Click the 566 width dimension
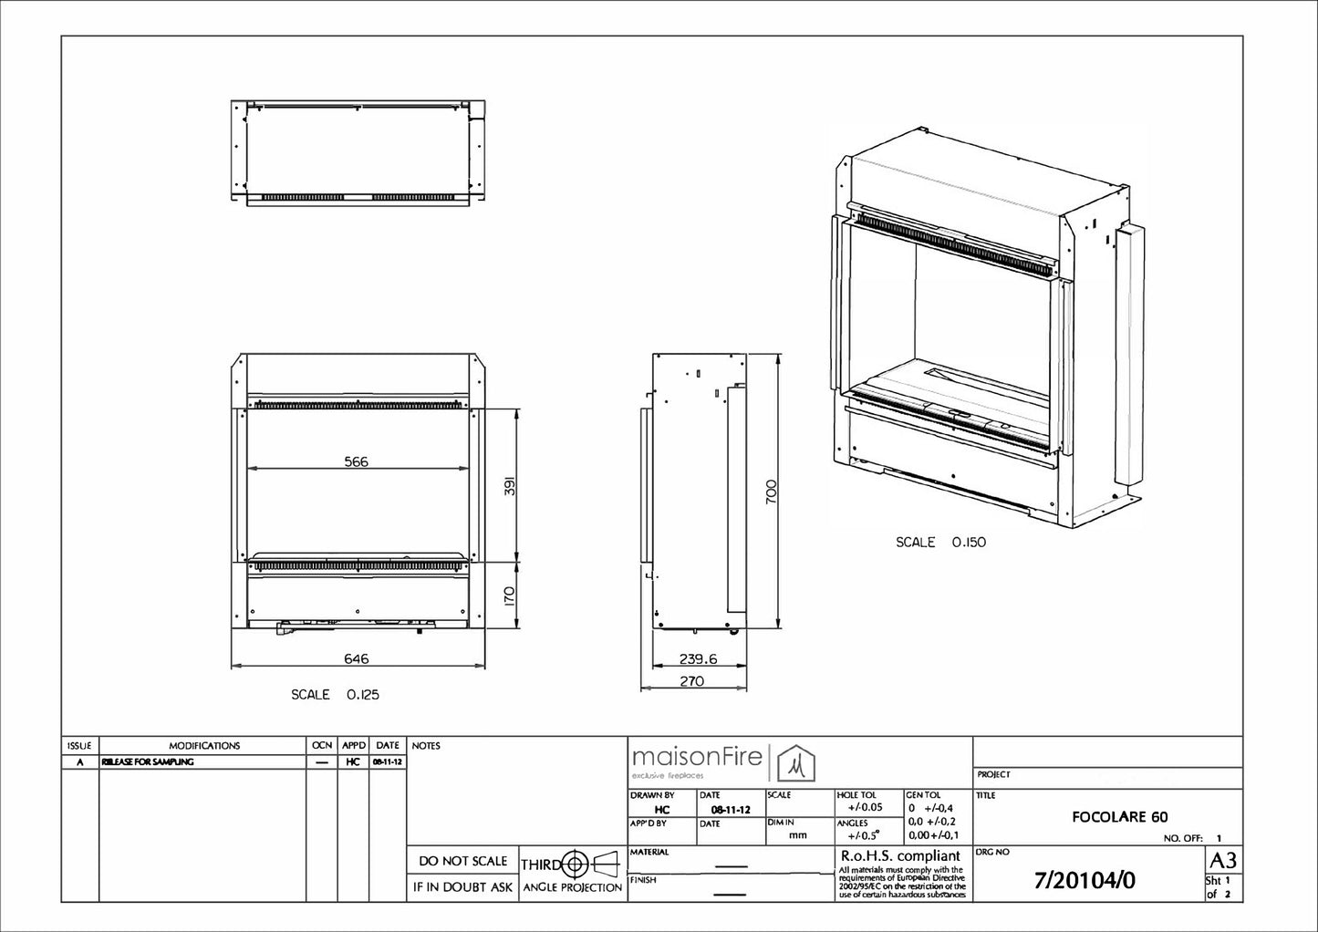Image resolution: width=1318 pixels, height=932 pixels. (x=356, y=461)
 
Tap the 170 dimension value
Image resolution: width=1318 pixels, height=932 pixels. (x=510, y=596)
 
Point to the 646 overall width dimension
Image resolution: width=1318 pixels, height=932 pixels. (x=356, y=658)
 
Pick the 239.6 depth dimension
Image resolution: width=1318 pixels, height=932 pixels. (x=698, y=658)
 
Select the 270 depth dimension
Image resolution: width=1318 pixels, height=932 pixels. (x=693, y=680)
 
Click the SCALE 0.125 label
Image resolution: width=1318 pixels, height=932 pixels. (x=335, y=694)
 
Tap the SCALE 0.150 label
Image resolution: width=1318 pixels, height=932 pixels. (x=940, y=542)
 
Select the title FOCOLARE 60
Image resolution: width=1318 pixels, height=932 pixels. (x=1120, y=817)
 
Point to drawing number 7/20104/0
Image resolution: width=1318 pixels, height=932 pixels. (x=1085, y=881)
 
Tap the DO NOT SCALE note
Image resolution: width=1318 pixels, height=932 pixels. (x=462, y=861)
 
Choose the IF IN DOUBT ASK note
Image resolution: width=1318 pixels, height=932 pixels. (x=462, y=886)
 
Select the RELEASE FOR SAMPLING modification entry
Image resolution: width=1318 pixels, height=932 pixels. (x=147, y=761)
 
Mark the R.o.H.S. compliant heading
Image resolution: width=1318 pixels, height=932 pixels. (x=899, y=856)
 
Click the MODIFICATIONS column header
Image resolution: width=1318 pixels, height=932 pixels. (x=204, y=745)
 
